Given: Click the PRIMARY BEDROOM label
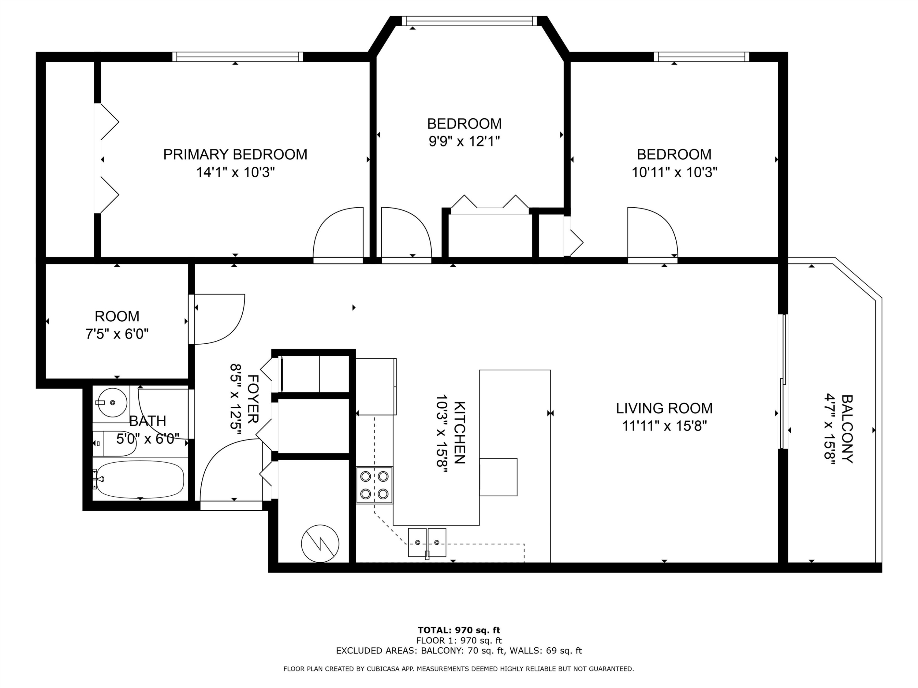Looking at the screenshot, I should (235, 154).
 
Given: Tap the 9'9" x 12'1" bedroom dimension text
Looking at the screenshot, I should (464, 141).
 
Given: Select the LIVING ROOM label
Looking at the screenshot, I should (664, 408).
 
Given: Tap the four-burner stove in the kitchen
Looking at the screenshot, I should (374, 485).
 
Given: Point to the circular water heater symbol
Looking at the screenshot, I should (320, 544).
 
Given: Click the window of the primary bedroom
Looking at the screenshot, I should (237, 57).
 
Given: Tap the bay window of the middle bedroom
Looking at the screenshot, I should (469, 21).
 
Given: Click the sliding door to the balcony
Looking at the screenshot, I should (783, 382).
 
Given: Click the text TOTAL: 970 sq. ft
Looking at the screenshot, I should (459, 630).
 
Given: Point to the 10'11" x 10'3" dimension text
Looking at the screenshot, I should (674, 172).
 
